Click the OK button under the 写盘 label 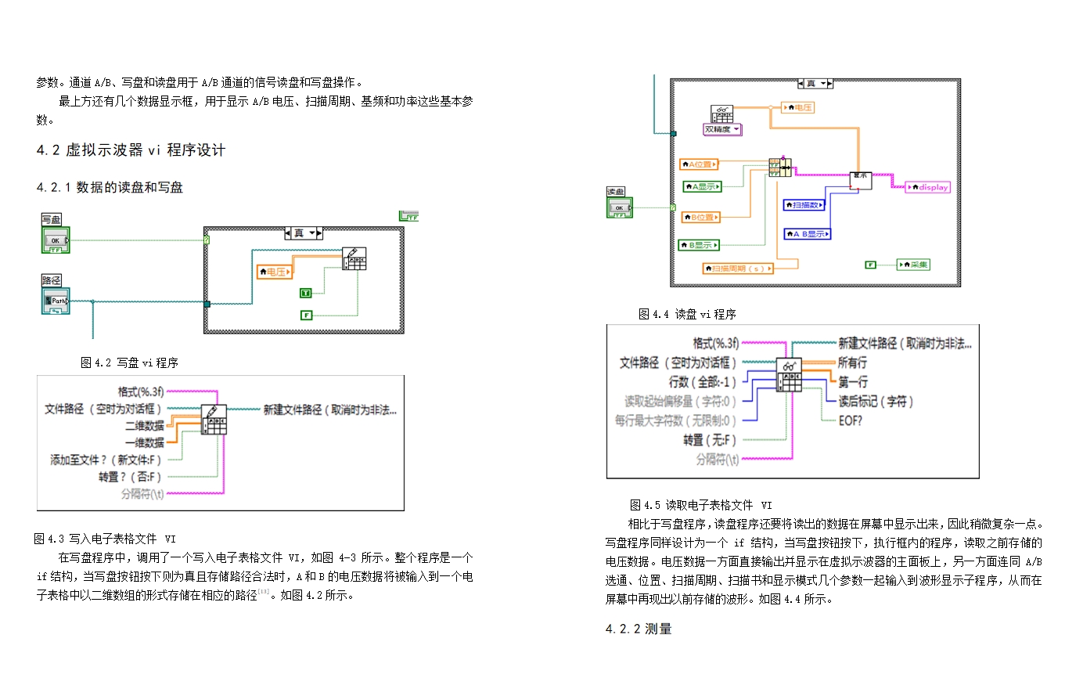coord(56,240)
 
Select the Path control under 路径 coord(56,301)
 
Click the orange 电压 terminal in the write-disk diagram coord(275,272)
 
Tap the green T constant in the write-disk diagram coord(306,293)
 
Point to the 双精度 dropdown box coord(722,129)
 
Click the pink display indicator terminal coord(928,187)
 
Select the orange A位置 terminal coord(699,164)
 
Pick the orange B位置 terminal coord(700,217)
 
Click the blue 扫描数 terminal coord(804,205)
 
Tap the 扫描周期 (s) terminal coord(738,269)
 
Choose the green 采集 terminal coord(913,265)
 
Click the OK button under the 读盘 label coord(619,207)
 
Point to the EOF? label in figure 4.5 coord(850,420)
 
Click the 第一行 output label coord(853,382)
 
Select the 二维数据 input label coord(145,426)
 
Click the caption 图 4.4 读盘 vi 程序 coord(687,314)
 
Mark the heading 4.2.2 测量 coord(639,629)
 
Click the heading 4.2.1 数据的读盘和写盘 coord(110,187)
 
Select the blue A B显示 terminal coord(808,234)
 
